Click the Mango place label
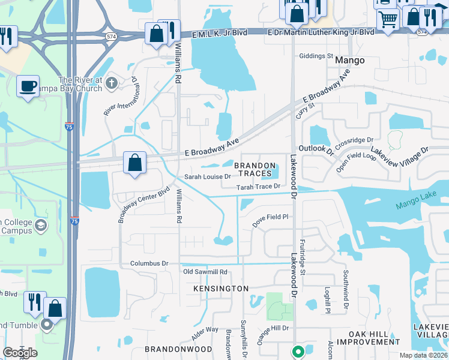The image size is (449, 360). [349, 61]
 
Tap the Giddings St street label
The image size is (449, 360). [316, 56]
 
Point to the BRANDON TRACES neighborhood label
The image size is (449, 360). [255, 170]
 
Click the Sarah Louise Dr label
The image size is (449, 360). [208, 177]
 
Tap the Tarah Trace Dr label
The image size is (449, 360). [259, 187]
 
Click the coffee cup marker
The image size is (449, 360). [28, 85]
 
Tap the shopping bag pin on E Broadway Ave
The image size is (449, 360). [135, 163]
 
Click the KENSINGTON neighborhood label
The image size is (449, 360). [221, 289]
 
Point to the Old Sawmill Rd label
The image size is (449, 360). [205, 272]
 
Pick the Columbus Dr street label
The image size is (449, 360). [149, 263]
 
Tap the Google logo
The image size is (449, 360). [20, 353]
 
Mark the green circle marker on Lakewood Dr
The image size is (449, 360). [297, 351]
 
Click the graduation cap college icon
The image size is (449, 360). [41, 226]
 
